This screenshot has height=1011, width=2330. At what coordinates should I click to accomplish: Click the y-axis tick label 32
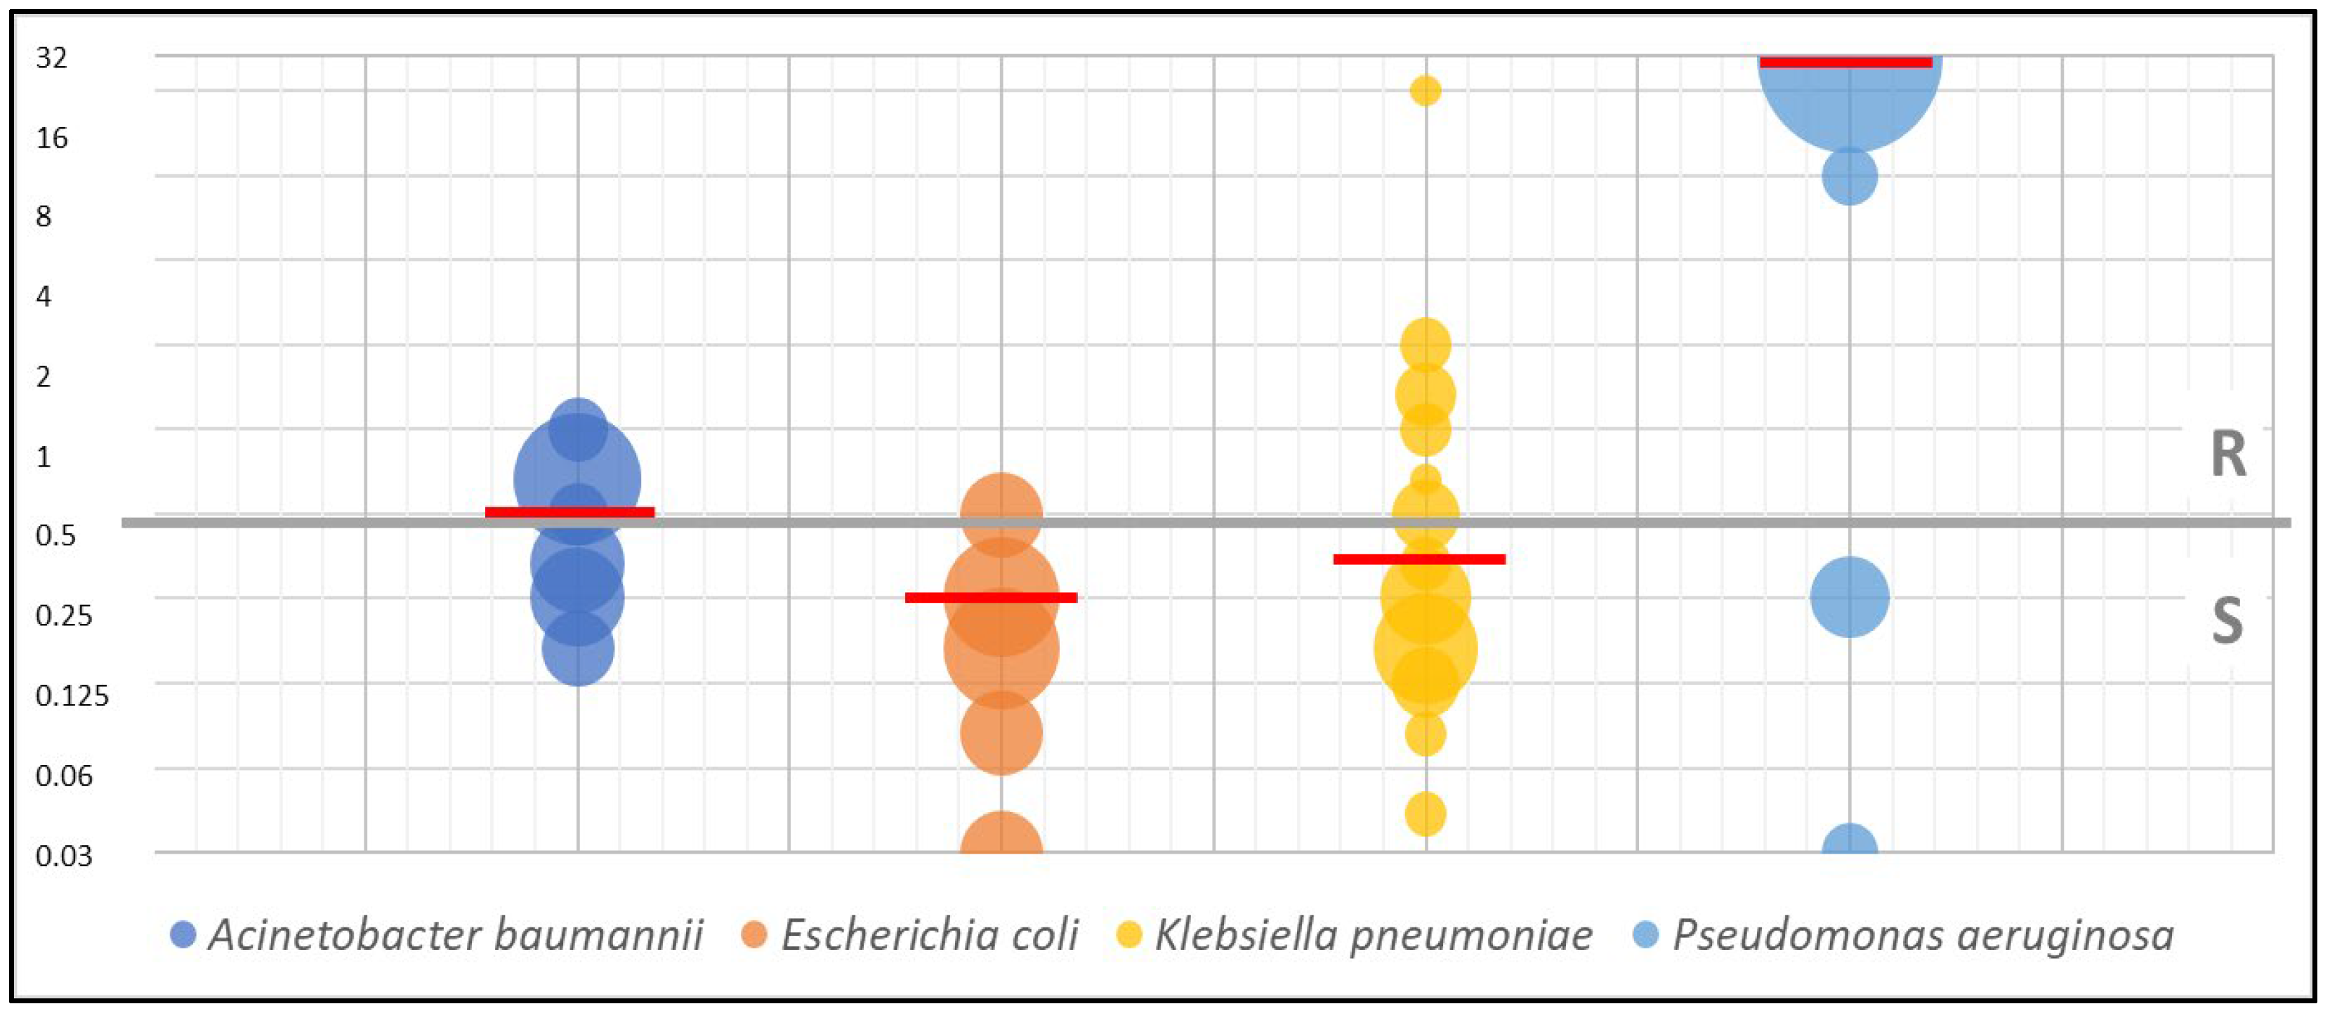pyautogui.click(x=51, y=58)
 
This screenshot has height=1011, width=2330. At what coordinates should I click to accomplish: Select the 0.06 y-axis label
pyautogui.click(x=64, y=776)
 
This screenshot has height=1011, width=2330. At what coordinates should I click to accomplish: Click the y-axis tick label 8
pyautogui.click(x=44, y=217)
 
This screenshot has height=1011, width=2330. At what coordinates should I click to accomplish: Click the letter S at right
pyautogui.click(x=2227, y=621)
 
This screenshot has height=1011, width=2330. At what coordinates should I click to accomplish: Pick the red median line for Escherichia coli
pyautogui.click(x=992, y=597)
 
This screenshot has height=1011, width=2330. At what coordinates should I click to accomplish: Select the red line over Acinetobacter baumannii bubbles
pyautogui.click(x=570, y=512)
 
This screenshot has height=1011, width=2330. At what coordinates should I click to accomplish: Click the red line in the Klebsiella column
pyautogui.click(x=1419, y=559)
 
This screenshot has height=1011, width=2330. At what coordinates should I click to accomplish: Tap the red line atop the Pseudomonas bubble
pyautogui.click(x=1846, y=63)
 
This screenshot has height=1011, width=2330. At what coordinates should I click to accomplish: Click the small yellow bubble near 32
pyautogui.click(x=1426, y=91)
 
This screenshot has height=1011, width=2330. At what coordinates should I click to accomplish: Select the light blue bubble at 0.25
pyautogui.click(x=1850, y=597)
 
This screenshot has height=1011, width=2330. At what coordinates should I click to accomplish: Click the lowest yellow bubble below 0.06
pyautogui.click(x=1426, y=814)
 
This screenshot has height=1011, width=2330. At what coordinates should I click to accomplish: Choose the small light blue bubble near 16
pyautogui.click(x=1850, y=176)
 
